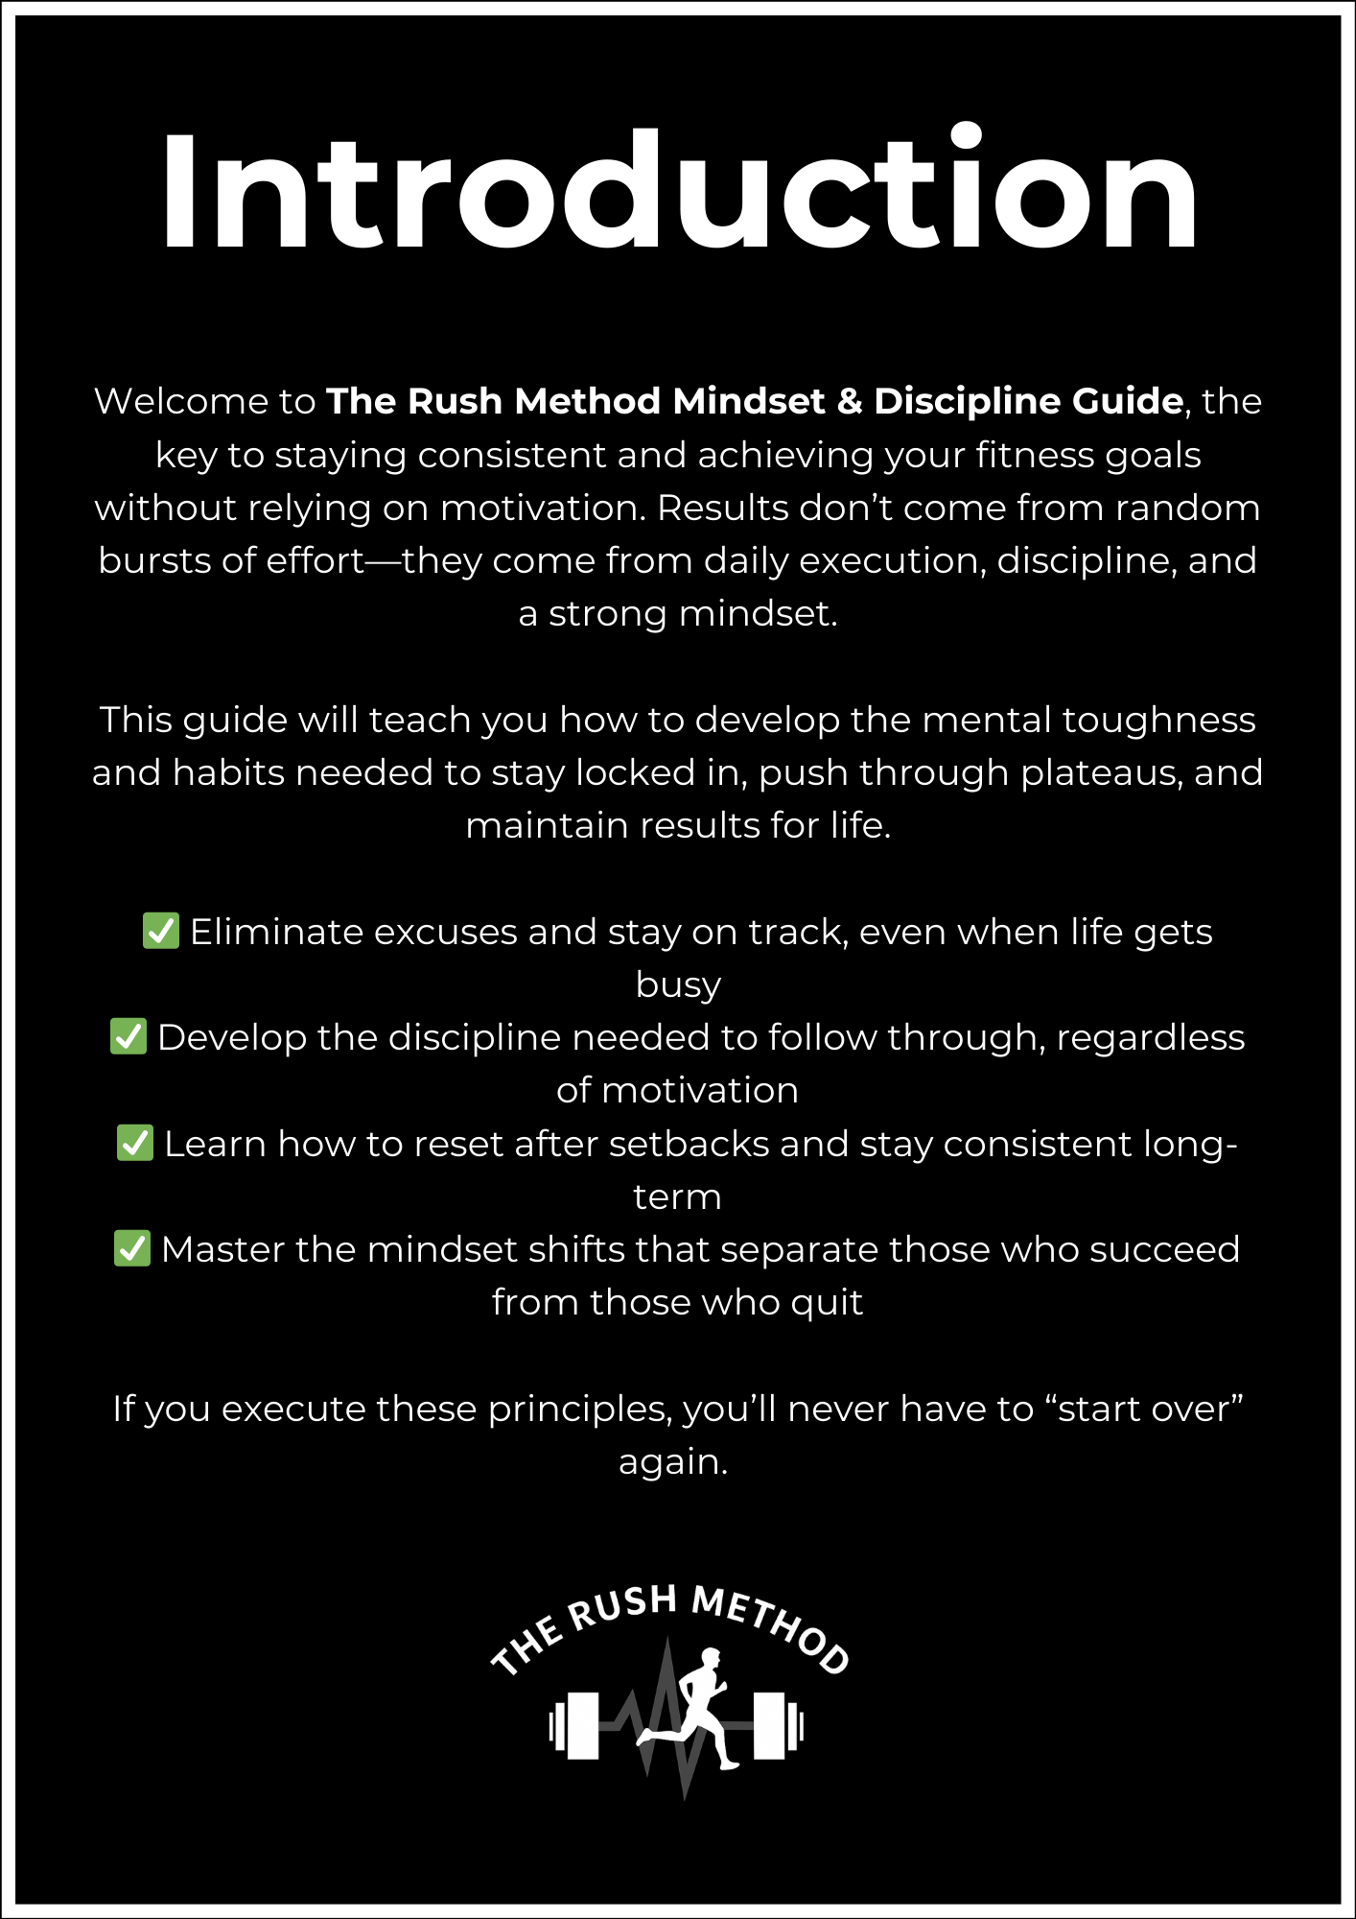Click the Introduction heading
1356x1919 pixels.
(678, 192)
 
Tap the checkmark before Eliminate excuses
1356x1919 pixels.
(160, 931)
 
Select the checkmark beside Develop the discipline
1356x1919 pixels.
(129, 1036)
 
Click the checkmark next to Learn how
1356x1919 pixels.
(135, 1143)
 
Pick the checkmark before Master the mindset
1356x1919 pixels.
(132, 1248)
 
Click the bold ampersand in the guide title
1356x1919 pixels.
(849, 401)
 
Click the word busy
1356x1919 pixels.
(678, 985)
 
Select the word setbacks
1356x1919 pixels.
(690, 1144)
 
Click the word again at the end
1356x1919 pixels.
(673, 1461)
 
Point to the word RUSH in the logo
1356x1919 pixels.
(624, 1606)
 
